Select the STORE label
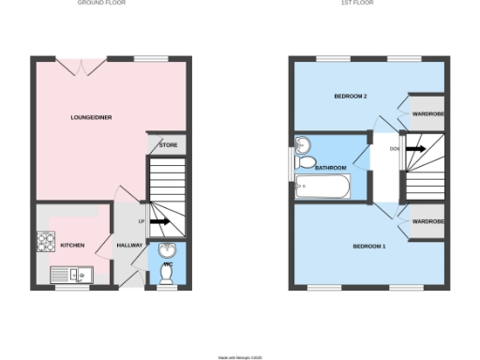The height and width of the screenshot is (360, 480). tap(169, 145)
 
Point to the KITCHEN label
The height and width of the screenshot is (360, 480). tap(72, 246)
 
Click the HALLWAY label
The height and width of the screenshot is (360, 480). tap(128, 246)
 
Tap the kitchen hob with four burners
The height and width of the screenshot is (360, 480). tap(46, 242)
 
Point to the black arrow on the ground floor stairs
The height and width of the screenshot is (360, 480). tap(159, 222)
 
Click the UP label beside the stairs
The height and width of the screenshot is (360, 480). tap(142, 222)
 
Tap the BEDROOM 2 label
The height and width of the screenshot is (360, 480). tap(350, 97)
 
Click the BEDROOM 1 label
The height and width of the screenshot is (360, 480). tap(368, 247)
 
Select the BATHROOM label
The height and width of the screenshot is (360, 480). tap(330, 168)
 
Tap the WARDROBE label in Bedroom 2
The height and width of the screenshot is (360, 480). tap(428, 113)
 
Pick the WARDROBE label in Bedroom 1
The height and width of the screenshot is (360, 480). tap(428, 222)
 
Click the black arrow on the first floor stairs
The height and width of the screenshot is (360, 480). tap(415, 149)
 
